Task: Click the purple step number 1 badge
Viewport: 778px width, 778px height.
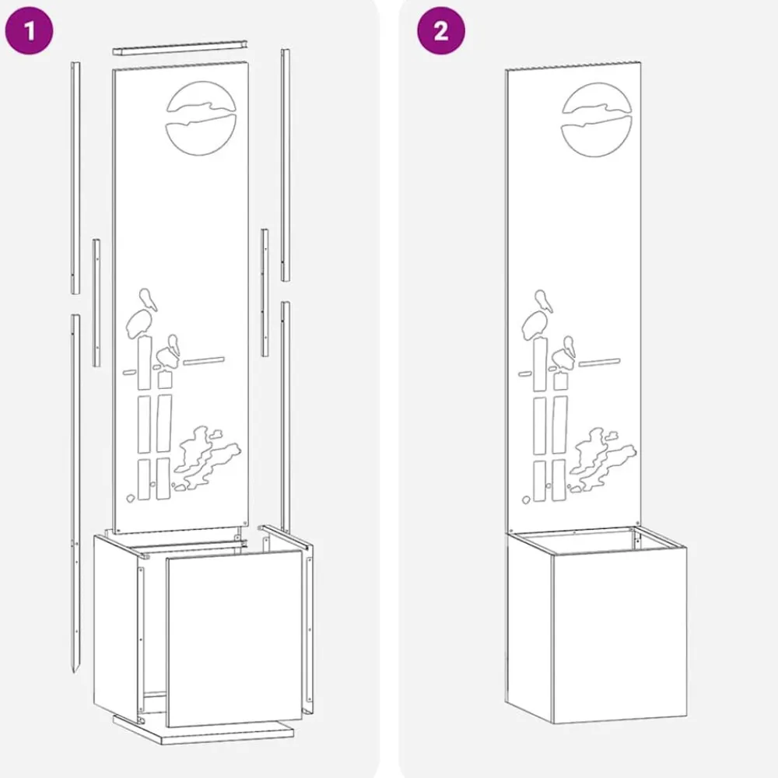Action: click(x=29, y=31)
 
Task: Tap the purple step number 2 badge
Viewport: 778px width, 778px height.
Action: click(x=440, y=31)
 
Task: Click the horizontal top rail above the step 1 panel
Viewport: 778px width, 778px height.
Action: click(x=180, y=46)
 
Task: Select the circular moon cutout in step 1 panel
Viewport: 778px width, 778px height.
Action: click(x=201, y=118)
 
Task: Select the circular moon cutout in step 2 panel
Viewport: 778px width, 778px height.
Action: click(x=597, y=120)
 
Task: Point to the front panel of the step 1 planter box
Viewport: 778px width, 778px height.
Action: click(x=234, y=638)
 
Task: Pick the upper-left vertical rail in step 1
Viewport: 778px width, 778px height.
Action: click(x=75, y=177)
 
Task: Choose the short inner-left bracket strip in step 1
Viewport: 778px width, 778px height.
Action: click(x=96, y=303)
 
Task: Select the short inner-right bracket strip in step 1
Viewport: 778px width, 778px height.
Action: click(x=265, y=293)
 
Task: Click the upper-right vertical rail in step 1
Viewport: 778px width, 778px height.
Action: click(x=286, y=165)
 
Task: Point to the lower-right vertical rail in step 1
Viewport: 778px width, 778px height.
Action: click(x=286, y=417)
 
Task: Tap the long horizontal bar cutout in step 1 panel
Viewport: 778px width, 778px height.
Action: click(x=203, y=361)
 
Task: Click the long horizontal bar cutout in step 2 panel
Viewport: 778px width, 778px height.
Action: click(x=599, y=363)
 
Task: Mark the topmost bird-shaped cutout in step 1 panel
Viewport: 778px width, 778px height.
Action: click(x=147, y=300)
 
